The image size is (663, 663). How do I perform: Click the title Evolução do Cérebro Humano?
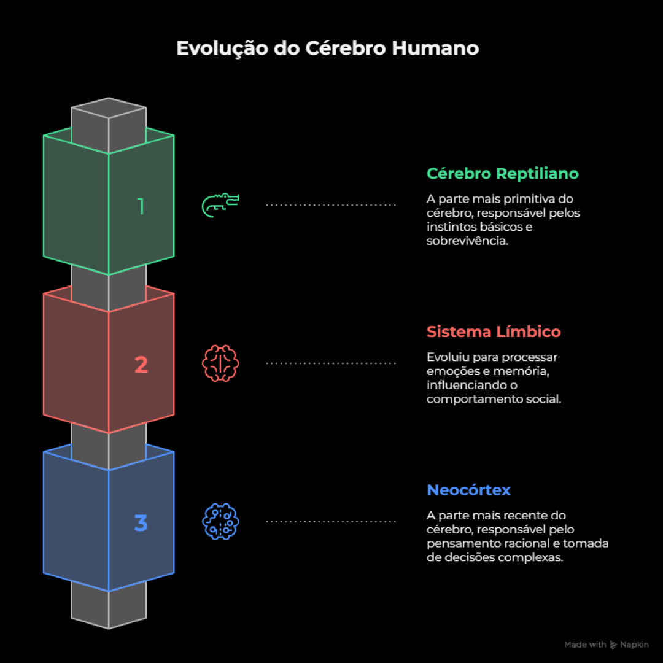point(327,48)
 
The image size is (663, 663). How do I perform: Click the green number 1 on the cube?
point(141,206)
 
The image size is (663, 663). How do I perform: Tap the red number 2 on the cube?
point(141,365)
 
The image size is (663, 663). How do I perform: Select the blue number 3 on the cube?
point(141,522)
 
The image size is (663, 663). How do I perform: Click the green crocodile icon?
point(220,206)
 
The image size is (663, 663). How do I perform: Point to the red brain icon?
point(220,363)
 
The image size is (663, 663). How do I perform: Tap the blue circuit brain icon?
point(220,521)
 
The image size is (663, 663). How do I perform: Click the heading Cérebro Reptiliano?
point(502,173)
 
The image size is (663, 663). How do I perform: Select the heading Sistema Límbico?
point(494,331)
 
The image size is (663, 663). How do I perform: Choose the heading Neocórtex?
point(468,490)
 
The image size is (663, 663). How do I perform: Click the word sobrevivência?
point(467,241)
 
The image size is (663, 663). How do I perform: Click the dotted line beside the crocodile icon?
point(331,205)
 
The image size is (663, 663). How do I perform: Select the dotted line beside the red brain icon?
point(331,363)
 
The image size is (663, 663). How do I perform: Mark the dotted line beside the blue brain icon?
point(331,521)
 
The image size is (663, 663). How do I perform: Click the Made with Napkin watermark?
point(607,645)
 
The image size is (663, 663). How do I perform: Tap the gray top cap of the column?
point(109,108)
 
